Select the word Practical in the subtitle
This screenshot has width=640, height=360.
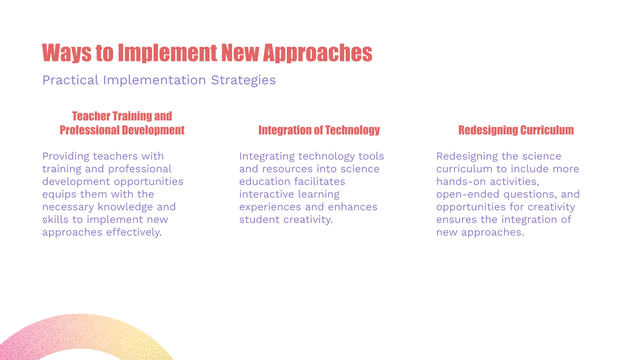click(70, 80)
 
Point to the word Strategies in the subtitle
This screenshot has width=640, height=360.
click(243, 80)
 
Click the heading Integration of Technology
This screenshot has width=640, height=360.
click(319, 130)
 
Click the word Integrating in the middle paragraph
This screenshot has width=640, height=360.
click(267, 156)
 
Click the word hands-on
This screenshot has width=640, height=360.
click(461, 182)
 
